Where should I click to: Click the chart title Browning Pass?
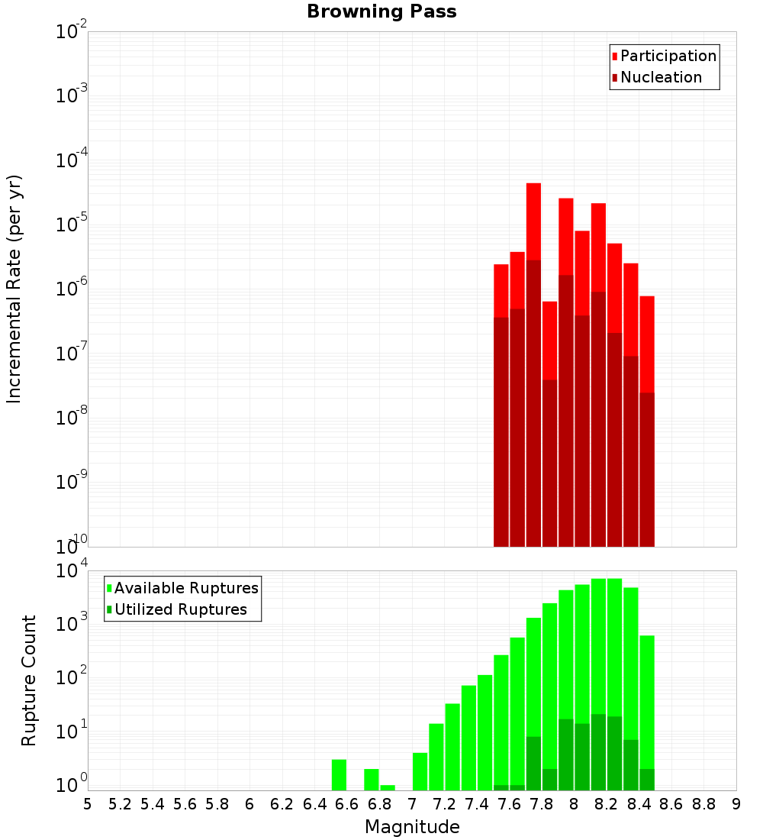tap(381, 11)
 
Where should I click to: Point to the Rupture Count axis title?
tap(29, 680)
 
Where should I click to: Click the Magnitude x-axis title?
tap(412, 827)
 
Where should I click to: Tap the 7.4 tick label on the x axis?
tap(477, 804)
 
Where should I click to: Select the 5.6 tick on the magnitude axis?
tap(185, 804)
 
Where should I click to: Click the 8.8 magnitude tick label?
tap(704, 804)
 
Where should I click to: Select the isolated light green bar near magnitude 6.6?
tap(339, 774)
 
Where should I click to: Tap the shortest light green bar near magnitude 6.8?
tap(388, 787)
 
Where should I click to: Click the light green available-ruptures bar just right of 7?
tap(420, 771)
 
